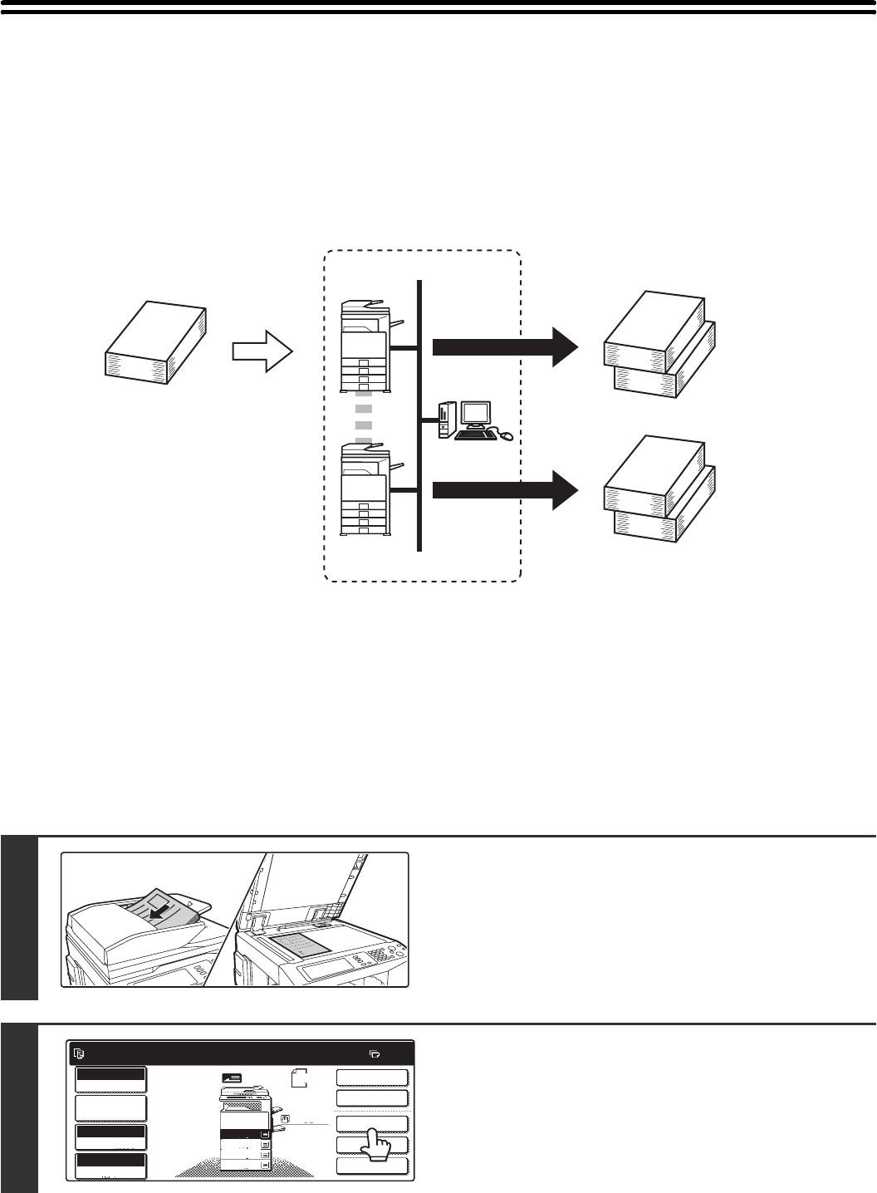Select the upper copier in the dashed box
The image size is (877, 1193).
pos(365,346)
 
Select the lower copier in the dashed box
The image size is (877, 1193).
pos(365,489)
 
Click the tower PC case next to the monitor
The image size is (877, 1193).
pos(444,420)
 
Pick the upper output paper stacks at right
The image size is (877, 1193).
pos(661,342)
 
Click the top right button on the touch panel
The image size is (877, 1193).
pos(372,1078)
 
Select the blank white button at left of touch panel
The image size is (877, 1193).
pos(110,1108)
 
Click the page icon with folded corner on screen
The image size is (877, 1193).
pos(301,1080)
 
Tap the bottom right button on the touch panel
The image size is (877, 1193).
pos(372,1166)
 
